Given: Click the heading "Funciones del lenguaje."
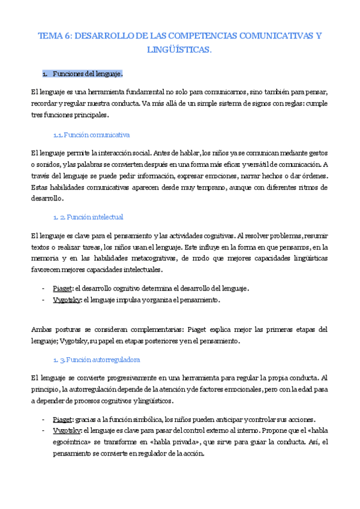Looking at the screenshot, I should (88, 74).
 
